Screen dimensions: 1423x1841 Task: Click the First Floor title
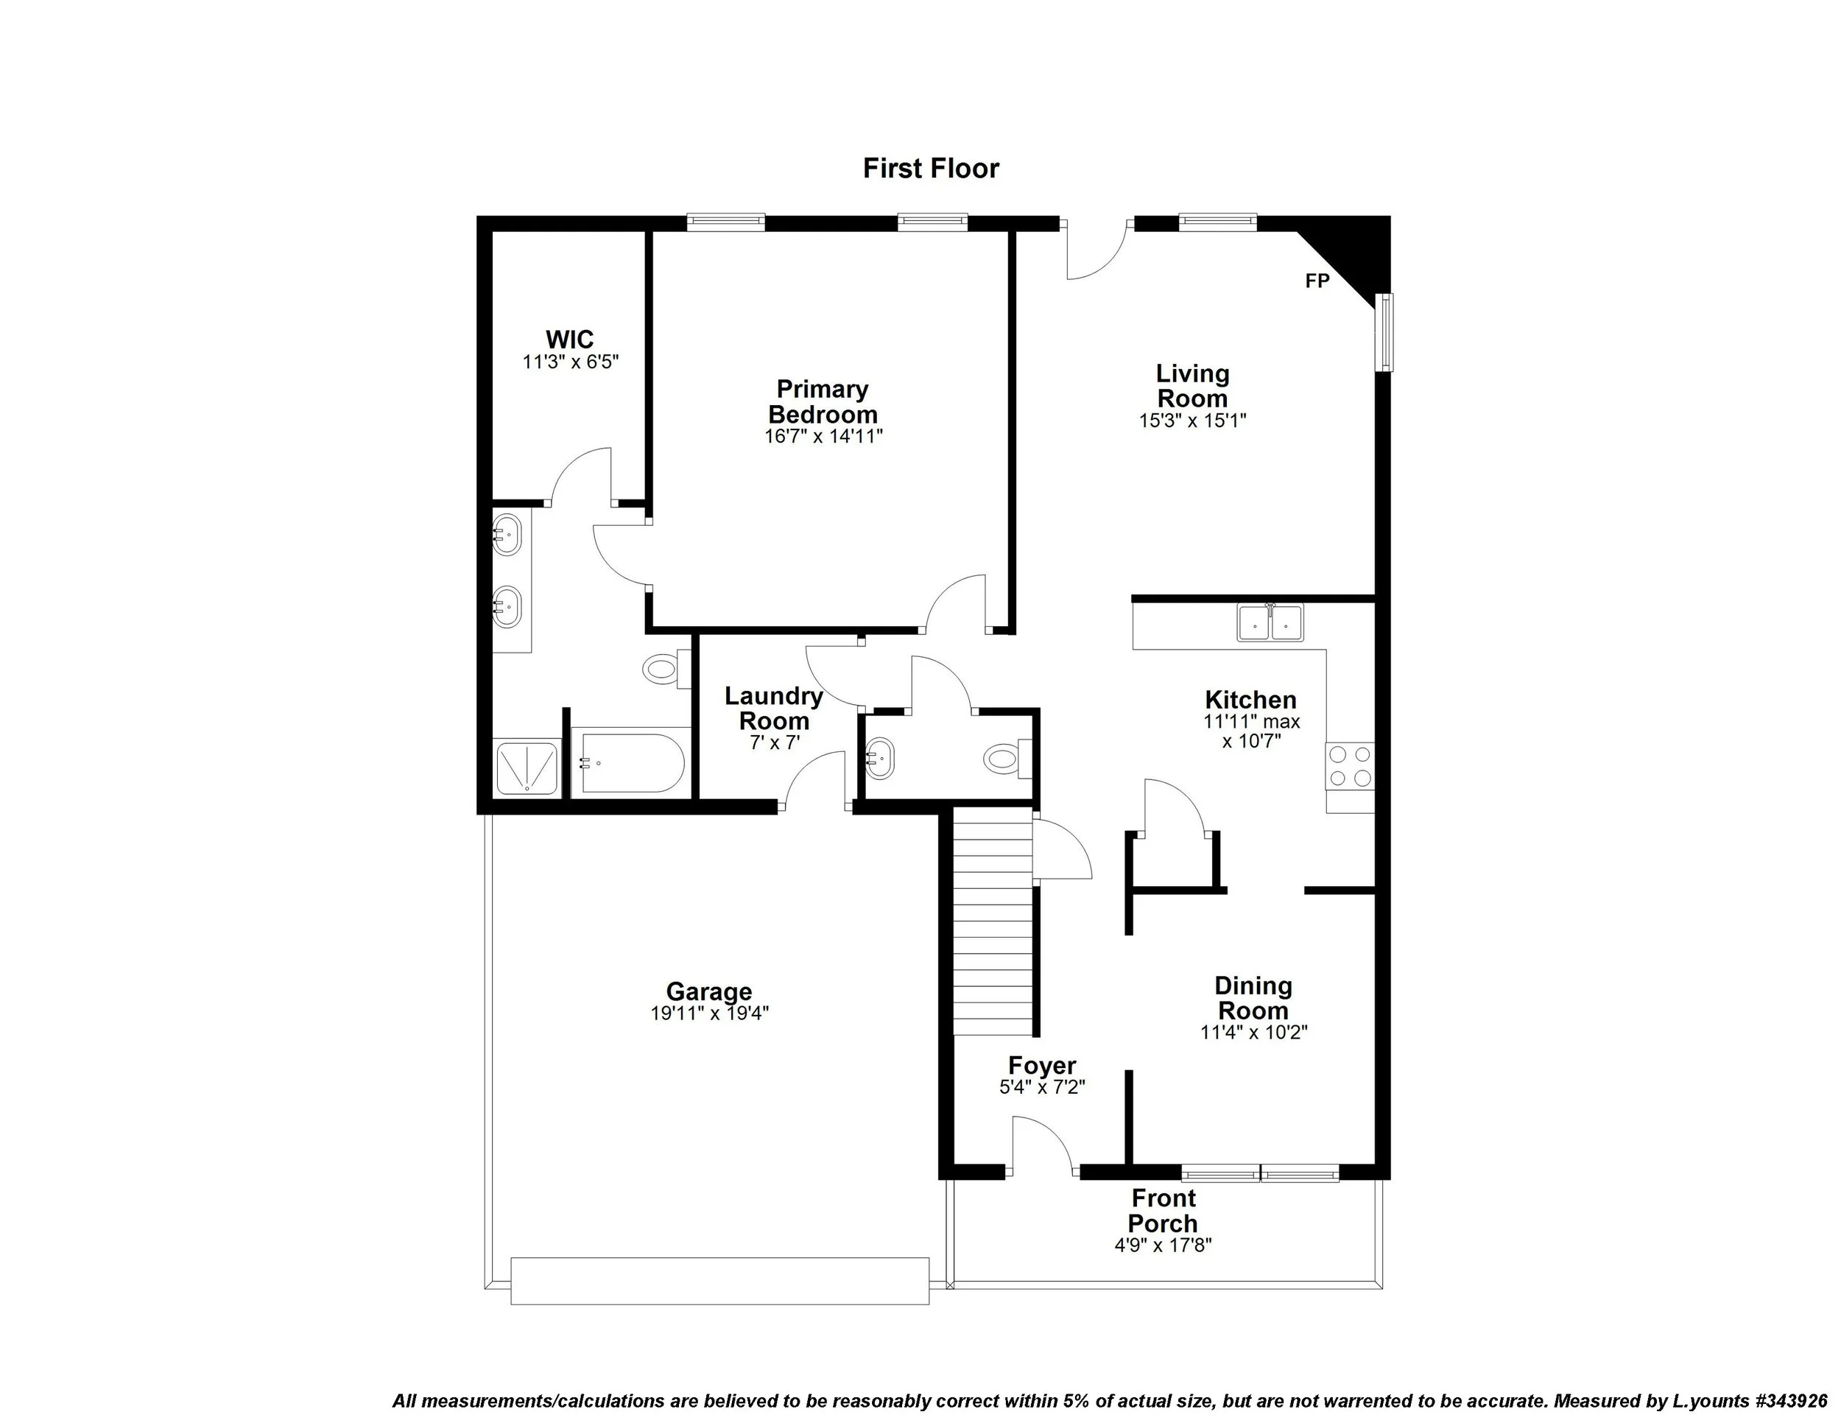pos(931,169)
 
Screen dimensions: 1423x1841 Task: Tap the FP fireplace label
pos(1317,281)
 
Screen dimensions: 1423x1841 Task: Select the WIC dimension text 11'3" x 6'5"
pos(571,362)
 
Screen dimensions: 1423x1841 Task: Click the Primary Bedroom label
pos(823,402)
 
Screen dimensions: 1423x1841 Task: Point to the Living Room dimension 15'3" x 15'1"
pos(1192,421)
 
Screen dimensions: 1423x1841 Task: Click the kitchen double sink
pos(1270,623)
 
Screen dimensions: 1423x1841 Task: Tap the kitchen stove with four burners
pos(1351,765)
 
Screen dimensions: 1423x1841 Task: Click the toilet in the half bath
pos(1004,757)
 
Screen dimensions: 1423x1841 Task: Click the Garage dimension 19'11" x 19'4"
pos(709,1014)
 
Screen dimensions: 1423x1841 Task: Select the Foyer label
pos(1042,1066)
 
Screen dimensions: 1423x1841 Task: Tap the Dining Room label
pos(1253,998)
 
